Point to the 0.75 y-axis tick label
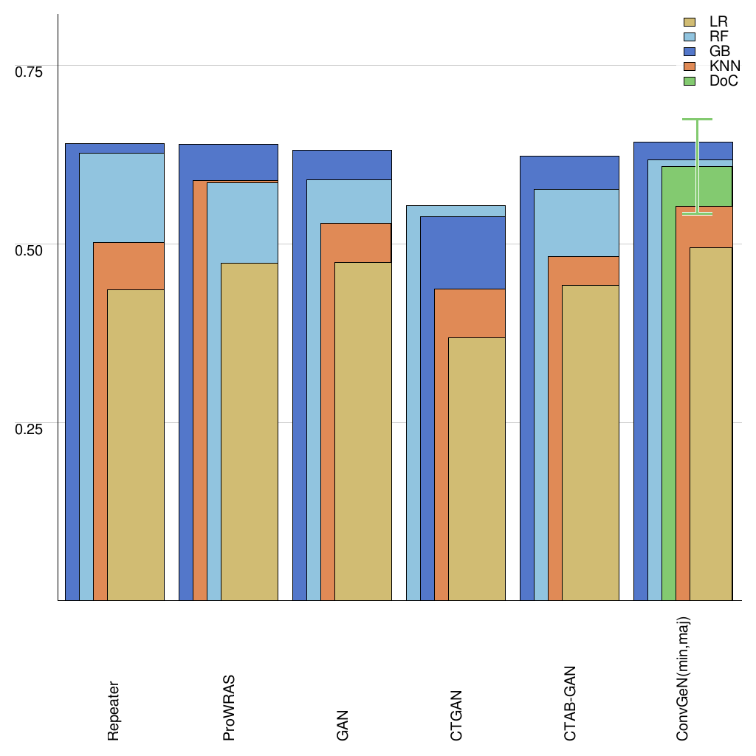(30, 72)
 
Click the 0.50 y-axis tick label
(30, 250)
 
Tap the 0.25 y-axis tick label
(30, 429)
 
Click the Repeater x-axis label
(113, 711)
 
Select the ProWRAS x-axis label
(228, 707)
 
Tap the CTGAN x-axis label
(456, 715)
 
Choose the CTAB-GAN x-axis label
(570, 704)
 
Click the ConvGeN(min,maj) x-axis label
(683, 679)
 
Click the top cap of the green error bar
(697, 119)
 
